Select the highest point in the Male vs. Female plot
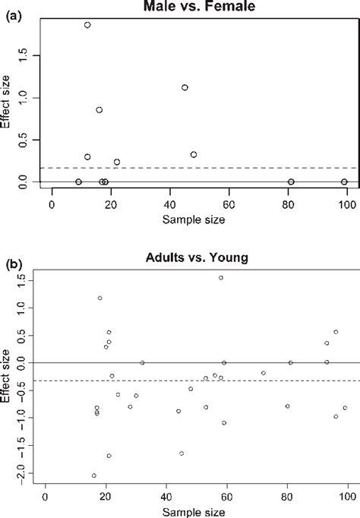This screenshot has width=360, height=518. coord(87,25)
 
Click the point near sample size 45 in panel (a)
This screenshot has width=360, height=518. coord(185,87)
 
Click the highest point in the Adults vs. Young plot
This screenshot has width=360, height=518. coord(221,278)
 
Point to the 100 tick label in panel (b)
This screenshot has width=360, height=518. coord(347,497)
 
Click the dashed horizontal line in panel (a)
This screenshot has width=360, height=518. coord(228,168)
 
